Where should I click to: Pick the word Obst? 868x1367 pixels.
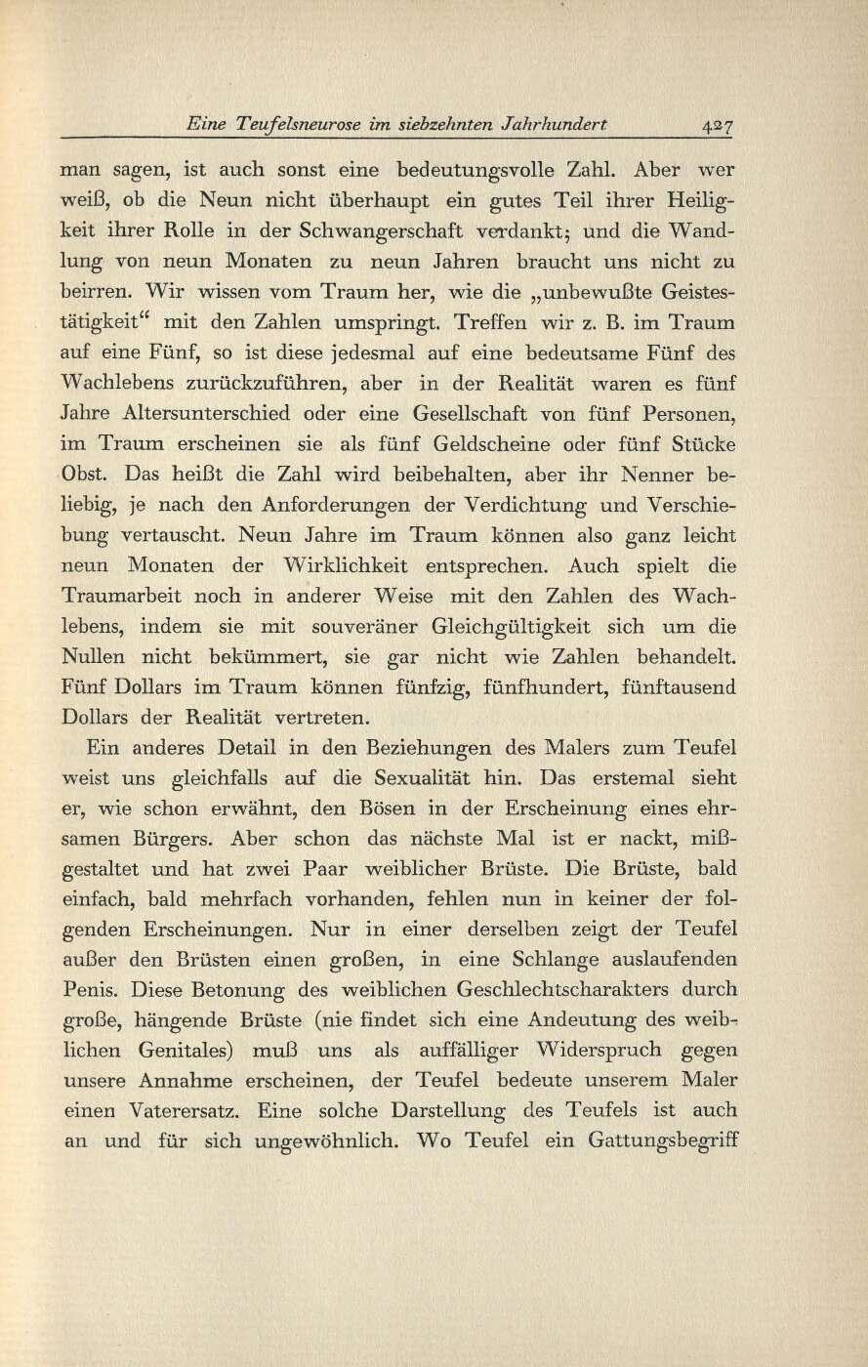coord(88,476)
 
